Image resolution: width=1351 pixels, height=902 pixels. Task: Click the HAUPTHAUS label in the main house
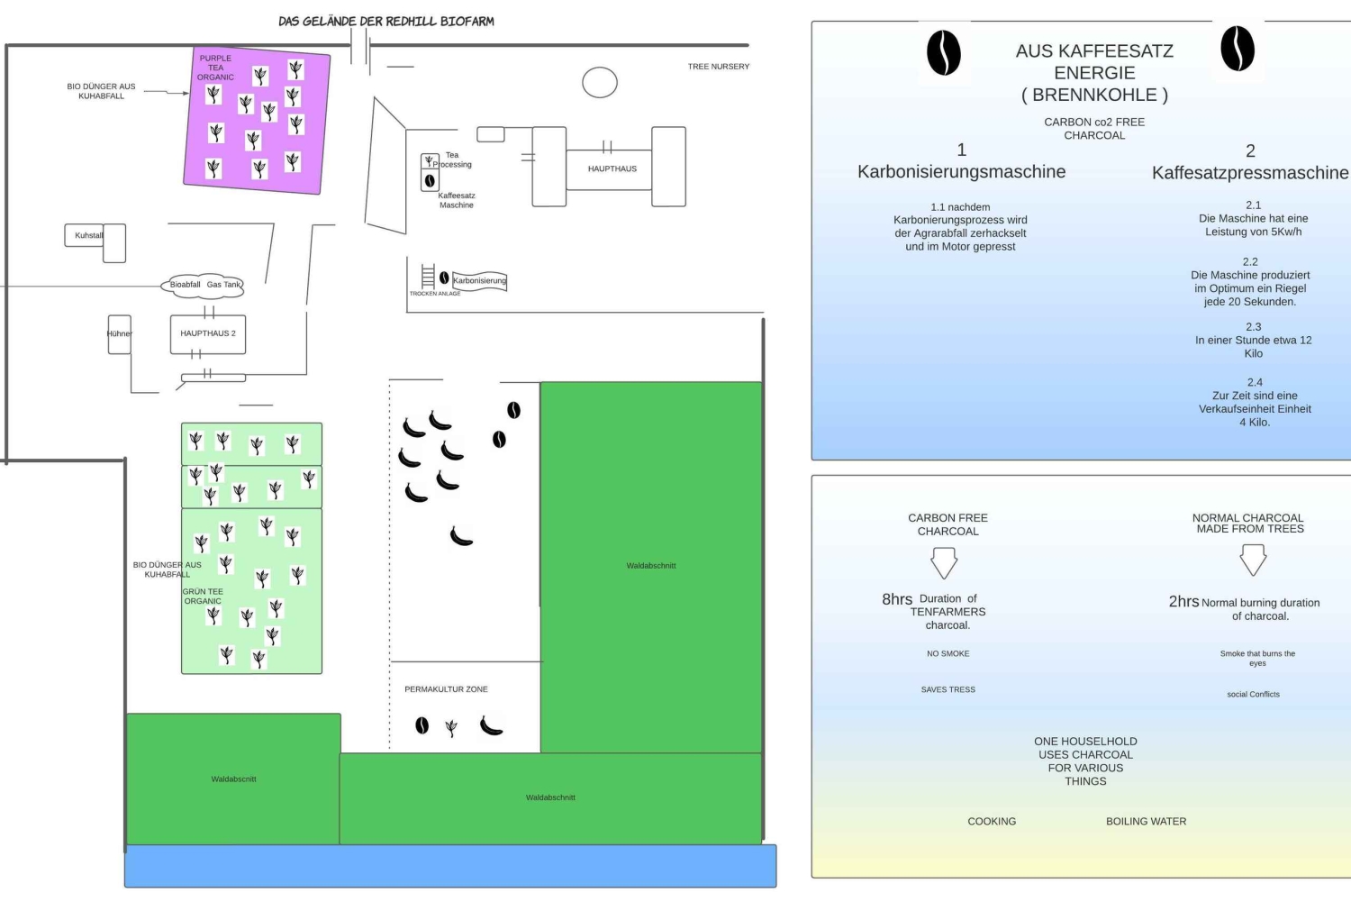click(x=612, y=169)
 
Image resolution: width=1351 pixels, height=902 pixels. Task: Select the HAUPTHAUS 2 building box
click(x=208, y=333)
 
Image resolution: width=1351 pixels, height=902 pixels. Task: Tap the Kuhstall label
click(x=88, y=236)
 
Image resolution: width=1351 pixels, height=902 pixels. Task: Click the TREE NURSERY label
click(x=718, y=67)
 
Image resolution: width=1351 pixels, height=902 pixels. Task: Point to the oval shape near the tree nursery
click(x=600, y=83)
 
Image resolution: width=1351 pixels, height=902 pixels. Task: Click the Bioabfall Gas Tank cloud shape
click(x=205, y=285)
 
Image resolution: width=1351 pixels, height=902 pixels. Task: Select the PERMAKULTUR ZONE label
click(x=446, y=689)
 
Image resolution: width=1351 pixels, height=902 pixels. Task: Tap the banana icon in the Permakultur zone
click(x=491, y=725)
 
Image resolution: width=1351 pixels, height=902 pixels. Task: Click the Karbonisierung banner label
click(x=479, y=281)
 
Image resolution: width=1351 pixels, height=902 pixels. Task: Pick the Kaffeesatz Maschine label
click(x=457, y=200)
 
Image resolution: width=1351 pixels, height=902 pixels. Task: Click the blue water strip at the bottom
click(x=450, y=866)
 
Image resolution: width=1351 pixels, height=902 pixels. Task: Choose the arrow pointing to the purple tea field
click(x=167, y=92)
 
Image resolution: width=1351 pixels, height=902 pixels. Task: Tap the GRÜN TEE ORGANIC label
click(x=203, y=597)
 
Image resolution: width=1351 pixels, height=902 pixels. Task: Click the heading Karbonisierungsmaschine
click(x=961, y=172)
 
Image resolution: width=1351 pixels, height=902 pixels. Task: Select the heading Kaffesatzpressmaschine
click(x=1250, y=173)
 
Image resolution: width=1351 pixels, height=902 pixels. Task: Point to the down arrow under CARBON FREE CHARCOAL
click(x=944, y=563)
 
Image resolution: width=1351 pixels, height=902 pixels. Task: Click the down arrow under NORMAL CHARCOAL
click(x=1253, y=560)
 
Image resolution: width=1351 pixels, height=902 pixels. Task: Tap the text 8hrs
click(x=897, y=599)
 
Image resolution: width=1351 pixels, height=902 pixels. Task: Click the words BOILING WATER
click(x=1146, y=822)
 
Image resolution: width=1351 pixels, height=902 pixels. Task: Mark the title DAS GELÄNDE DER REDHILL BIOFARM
click(x=386, y=21)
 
